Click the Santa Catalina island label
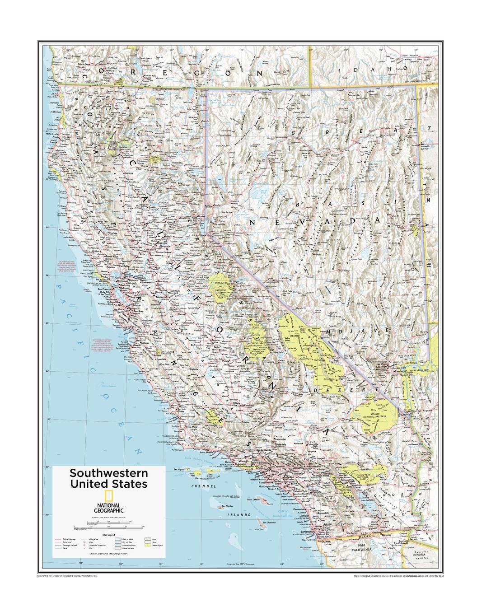pyautogui.click(x=256, y=500)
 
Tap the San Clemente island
pyautogui.click(x=258, y=526)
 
